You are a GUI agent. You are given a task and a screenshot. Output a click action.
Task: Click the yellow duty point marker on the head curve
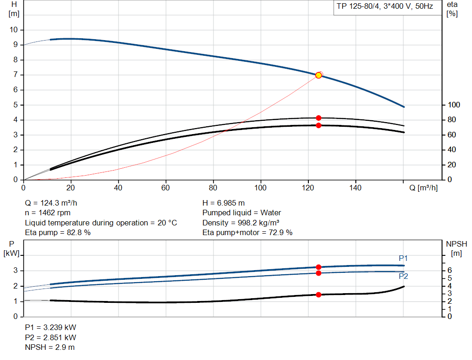click(319, 75)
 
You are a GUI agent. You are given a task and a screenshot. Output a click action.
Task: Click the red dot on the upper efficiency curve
click(319, 118)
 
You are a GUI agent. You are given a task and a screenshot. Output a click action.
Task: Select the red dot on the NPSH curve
click(319, 295)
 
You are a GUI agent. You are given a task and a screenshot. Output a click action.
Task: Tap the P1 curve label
click(403, 258)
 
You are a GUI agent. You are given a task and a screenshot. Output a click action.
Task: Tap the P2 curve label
click(403, 277)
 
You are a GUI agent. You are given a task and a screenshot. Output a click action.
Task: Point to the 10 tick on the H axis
click(14, 30)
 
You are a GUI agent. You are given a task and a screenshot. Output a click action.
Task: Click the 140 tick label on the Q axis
click(355, 188)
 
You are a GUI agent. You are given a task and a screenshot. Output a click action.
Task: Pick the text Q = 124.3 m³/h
click(54, 203)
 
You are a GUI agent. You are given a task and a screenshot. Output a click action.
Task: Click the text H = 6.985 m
click(224, 203)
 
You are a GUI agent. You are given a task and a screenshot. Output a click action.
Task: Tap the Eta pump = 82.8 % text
click(58, 233)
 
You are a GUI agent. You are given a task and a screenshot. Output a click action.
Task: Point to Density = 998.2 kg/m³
click(242, 223)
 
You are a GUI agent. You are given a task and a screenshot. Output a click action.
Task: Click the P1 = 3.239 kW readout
click(50, 327)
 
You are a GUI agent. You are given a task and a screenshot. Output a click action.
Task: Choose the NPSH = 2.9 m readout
click(50, 347)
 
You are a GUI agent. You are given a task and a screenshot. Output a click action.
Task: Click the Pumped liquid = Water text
click(242, 213)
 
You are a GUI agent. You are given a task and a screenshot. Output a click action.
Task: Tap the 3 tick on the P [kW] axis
click(16, 271)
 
